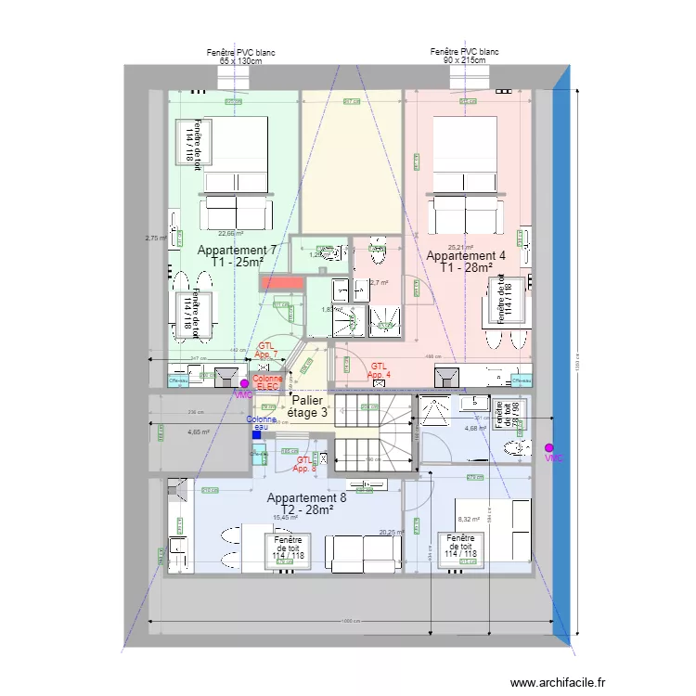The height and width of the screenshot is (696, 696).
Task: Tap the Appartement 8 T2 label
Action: pos(306,505)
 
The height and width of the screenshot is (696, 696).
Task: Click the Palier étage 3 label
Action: pos(306,406)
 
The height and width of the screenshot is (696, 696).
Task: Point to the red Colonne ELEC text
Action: pos(268,382)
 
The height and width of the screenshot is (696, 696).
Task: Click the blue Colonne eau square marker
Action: pos(256,432)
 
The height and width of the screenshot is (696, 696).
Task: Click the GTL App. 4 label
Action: pos(379,370)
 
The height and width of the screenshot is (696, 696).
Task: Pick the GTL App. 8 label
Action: pos(305,464)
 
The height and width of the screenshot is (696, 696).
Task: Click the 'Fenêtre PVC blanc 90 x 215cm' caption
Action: pos(464,56)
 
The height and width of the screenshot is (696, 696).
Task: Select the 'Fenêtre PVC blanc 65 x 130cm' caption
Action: pos(240,57)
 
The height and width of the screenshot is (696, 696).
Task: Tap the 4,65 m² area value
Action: pos(198,432)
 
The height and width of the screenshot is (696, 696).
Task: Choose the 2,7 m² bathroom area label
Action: pos(380,283)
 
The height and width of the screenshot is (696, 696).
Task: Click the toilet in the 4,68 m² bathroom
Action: pos(515,450)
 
